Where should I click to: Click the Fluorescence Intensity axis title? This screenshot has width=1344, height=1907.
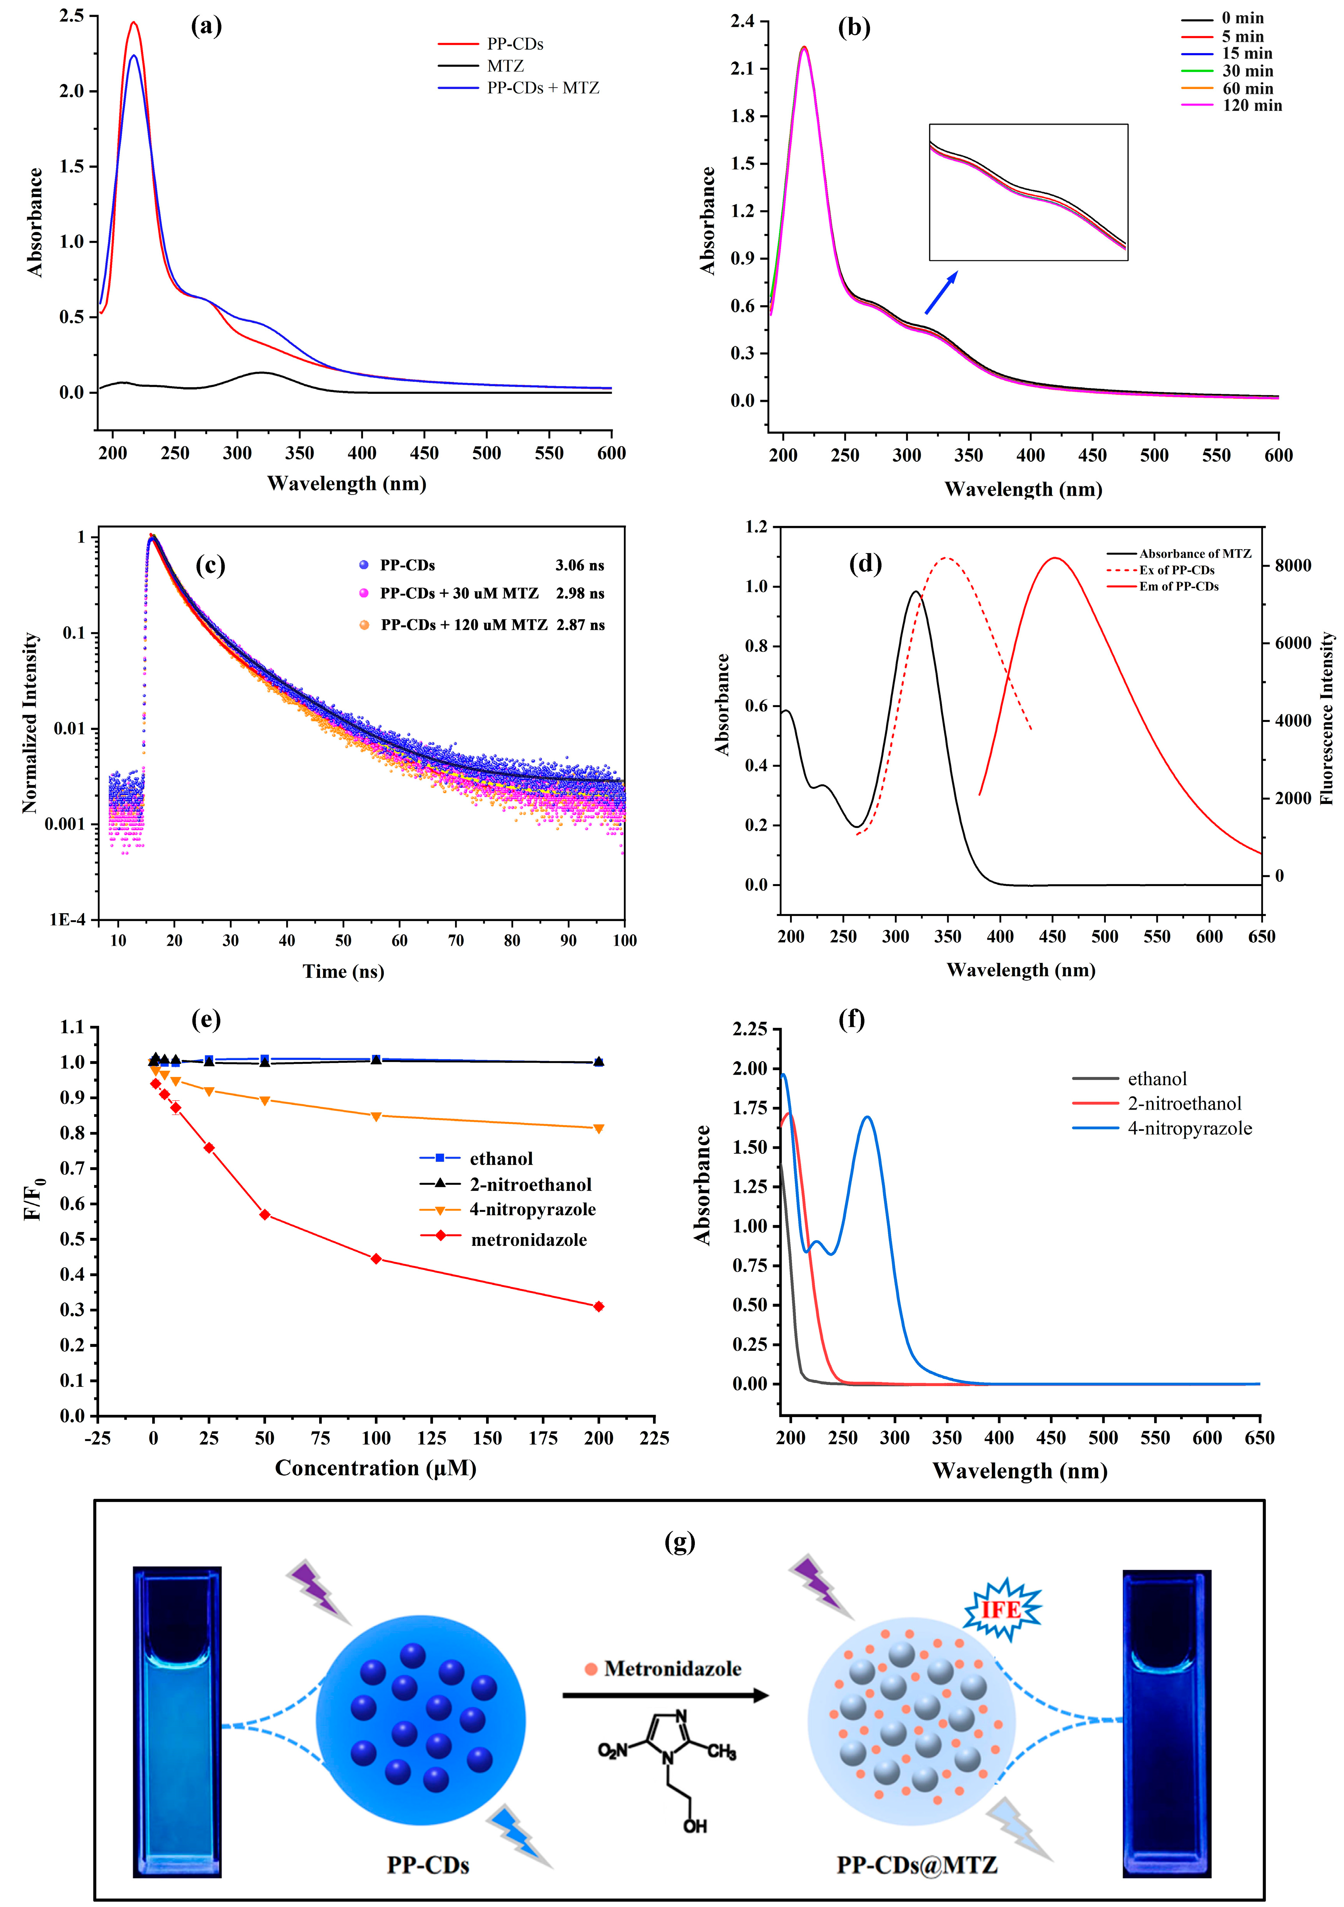(x=1327, y=718)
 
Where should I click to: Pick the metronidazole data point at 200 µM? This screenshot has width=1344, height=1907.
(x=599, y=1306)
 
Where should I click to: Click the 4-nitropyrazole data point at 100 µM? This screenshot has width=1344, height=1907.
(x=376, y=1116)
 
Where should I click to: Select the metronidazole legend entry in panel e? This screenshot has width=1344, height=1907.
(x=528, y=1240)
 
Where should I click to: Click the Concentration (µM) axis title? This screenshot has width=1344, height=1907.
(x=375, y=1469)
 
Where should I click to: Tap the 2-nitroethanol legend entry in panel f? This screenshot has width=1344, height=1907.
(x=1184, y=1104)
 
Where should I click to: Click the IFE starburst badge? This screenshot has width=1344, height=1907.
(x=1002, y=1610)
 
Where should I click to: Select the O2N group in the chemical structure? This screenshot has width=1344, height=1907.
(x=613, y=1751)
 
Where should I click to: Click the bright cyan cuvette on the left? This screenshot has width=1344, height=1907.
(x=177, y=1719)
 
